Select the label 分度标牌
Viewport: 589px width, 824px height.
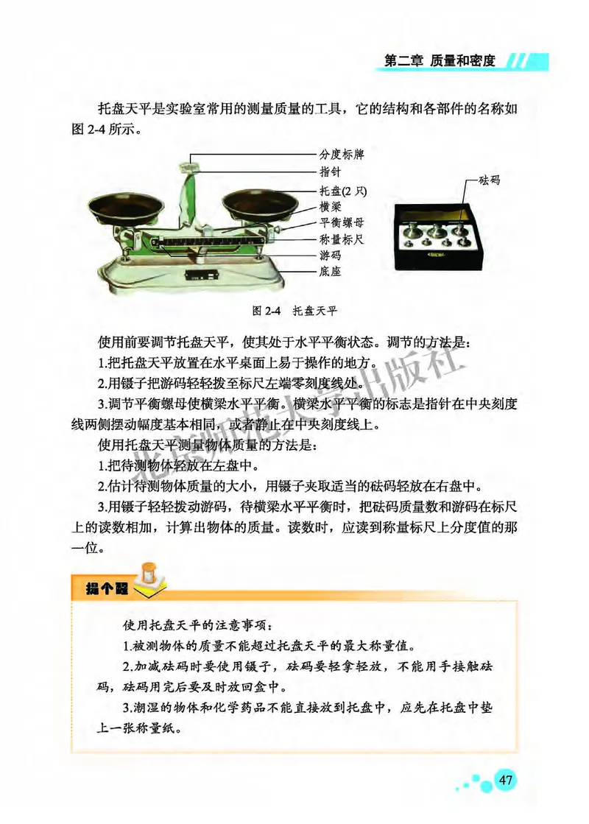click(341, 155)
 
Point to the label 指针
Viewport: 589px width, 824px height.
click(329, 172)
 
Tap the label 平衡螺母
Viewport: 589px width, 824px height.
click(341, 222)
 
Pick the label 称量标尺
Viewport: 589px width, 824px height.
click(341, 239)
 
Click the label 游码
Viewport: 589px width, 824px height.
click(329, 256)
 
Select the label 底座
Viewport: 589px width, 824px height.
click(329, 272)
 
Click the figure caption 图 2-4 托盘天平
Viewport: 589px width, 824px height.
click(294, 310)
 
